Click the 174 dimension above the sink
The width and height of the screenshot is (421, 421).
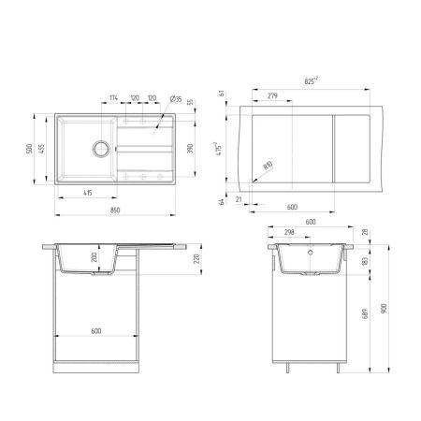tap(113, 97)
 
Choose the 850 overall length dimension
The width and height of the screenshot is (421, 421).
tap(113, 210)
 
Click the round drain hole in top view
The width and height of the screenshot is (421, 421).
tap(99, 147)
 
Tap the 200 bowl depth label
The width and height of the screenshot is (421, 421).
tap(94, 258)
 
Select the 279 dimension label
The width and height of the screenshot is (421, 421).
tap(272, 96)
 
